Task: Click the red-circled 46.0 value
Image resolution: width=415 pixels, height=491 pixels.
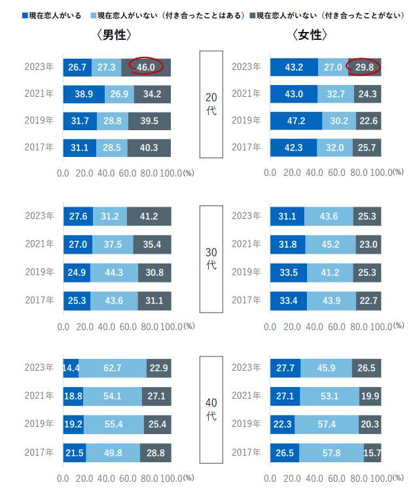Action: pos(146,67)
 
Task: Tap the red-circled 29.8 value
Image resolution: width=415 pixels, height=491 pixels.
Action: pos(363,67)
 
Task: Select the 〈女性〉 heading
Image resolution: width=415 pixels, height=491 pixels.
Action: pos(310,35)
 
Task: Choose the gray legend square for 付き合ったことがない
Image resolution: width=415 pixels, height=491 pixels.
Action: pos(251,14)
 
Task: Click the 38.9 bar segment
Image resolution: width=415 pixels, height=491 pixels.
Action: pos(84,94)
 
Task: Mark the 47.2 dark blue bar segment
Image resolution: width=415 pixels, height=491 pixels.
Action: pos(296,121)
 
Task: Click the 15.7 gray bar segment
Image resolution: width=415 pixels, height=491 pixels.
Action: pos(372,452)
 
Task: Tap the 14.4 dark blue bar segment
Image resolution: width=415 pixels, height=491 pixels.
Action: pos(71,368)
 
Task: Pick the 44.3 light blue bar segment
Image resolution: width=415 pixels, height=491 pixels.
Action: pos(114,272)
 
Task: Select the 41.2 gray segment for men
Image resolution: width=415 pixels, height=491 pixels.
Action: pos(149,216)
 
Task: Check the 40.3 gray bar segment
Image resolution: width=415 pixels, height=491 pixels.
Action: pos(149,148)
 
